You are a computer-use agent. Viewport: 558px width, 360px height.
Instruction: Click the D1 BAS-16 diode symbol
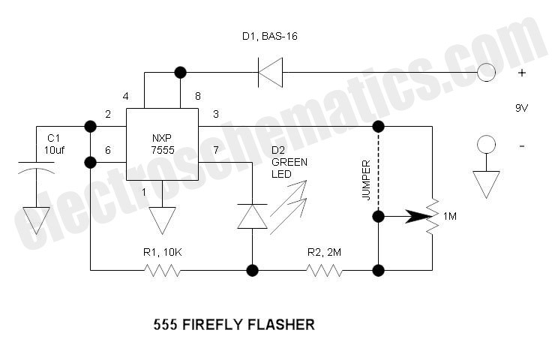point(270,73)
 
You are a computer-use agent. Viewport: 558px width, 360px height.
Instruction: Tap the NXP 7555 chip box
point(162,144)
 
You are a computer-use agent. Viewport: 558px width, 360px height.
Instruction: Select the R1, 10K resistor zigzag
point(162,270)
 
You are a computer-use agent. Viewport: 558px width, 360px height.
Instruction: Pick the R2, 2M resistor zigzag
point(324,270)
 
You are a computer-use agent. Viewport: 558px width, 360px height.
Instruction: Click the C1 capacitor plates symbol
point(36,167)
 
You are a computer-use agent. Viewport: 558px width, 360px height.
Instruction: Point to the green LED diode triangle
point(252,216)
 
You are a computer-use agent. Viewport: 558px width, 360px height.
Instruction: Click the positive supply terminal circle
point(486,72)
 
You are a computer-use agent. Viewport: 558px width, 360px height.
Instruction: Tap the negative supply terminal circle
point(486,145)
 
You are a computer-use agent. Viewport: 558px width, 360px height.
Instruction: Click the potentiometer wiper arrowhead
point(418,216)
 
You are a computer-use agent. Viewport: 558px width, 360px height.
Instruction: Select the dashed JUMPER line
point(378,171)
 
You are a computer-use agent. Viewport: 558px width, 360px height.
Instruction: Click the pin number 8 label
point(198,96)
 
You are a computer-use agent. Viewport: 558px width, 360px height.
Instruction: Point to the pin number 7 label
point(216,150)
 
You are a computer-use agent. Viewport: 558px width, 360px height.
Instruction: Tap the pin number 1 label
point(144,193)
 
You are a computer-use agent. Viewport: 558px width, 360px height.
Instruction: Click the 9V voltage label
point(521,108)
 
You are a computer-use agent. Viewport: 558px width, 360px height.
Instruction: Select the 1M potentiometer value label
point(449,216)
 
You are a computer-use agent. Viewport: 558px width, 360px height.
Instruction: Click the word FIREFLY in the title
point(212,325)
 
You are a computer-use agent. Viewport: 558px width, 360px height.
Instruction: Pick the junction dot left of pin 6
point(91,163)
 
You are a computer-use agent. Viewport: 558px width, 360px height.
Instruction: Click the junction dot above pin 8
point(181,72)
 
